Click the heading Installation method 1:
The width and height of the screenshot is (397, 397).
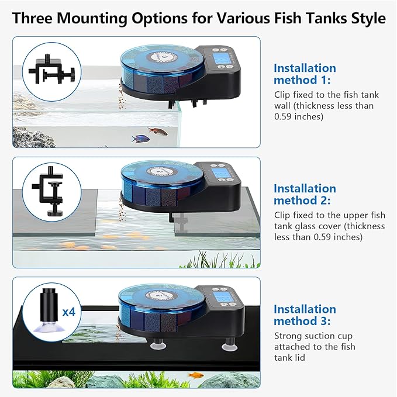(x=305, y=74)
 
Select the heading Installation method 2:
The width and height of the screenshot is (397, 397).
(x=305, y=194)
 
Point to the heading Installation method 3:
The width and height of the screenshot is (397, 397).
(x=305, y=315)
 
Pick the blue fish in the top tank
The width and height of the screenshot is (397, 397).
(x=140, y=139)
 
